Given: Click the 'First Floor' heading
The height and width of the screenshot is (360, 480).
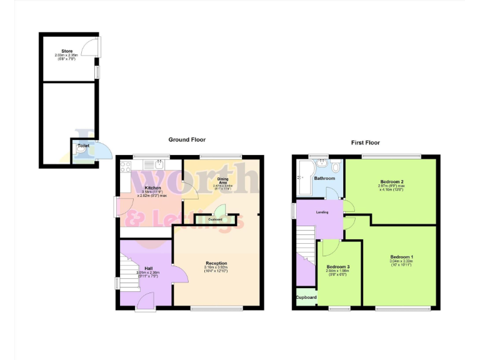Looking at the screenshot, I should [366, 142].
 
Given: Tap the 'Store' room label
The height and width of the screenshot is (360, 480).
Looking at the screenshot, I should [67, 51].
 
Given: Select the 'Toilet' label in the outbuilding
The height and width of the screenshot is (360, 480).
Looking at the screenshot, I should [83, 146].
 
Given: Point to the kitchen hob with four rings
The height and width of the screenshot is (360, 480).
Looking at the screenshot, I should [125, 166].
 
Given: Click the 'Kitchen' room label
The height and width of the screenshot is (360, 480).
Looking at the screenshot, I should [153, 188].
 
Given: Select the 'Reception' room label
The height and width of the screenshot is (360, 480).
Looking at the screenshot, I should [216, 263].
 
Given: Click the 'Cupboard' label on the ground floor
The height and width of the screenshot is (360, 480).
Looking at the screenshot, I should [215, 219].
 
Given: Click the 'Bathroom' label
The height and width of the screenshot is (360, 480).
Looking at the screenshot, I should [325, 178].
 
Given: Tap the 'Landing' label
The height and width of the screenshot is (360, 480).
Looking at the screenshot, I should [321, 212].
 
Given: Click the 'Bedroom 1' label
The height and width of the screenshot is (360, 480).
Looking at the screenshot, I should [402, 257].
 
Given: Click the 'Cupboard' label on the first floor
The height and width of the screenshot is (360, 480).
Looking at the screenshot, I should [306, 297].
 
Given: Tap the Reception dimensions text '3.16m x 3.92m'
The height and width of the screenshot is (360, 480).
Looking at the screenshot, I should [216, 268].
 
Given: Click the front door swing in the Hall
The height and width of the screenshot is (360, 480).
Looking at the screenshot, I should [146, 300].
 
